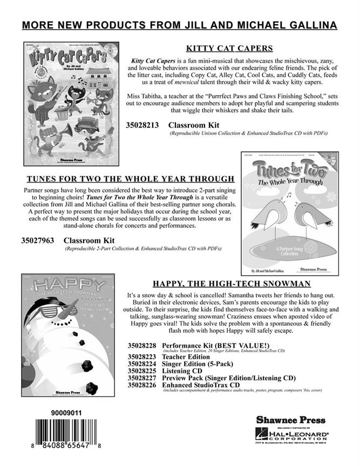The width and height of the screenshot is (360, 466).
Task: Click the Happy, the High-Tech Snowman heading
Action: click(232, 283)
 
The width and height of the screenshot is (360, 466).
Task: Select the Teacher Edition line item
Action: click(186, 357)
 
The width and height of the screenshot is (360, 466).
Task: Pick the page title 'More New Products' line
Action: click(180, 25)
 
